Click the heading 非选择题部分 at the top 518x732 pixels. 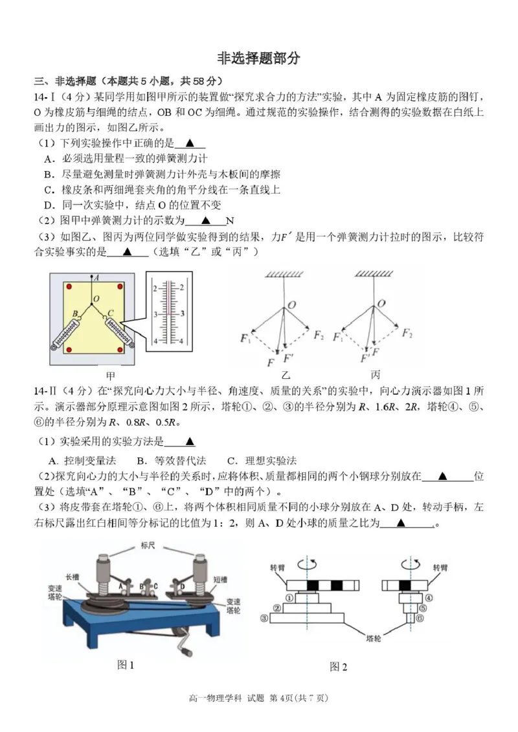pos(259,58)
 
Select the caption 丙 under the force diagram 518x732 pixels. pos(376,375)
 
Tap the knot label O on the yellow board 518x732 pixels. pos(95,299)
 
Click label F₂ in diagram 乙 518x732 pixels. pos(319,335)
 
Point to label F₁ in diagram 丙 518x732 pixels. pos(337,336)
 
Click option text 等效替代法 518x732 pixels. pos(181,461)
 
